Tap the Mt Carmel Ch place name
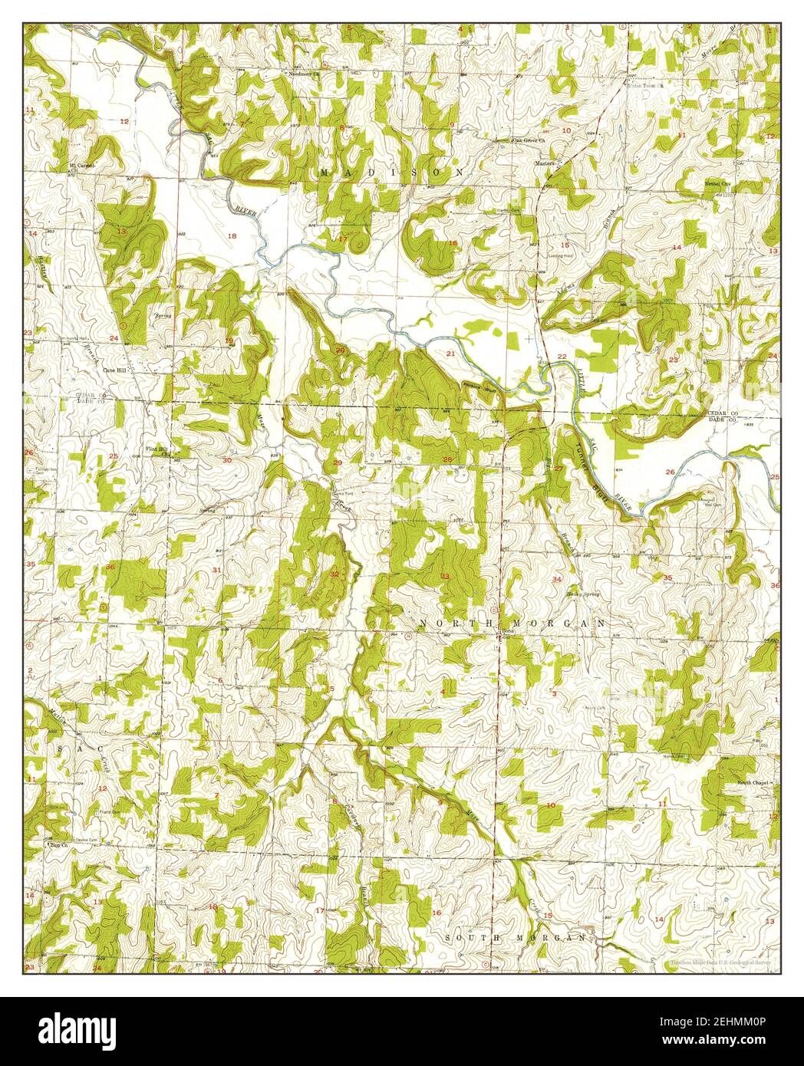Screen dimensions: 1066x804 pos(79,166)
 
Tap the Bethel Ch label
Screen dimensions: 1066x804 pos(720,184)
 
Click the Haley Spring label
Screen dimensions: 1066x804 pos(583,594)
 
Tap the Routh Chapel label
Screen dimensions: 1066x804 pos(753,783)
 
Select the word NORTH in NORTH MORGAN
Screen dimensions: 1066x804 pos(446,623)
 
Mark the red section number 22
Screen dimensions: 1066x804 pos(562,357)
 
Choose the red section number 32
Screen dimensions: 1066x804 pos(334,574)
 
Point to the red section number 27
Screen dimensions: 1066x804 pos(559,469)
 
